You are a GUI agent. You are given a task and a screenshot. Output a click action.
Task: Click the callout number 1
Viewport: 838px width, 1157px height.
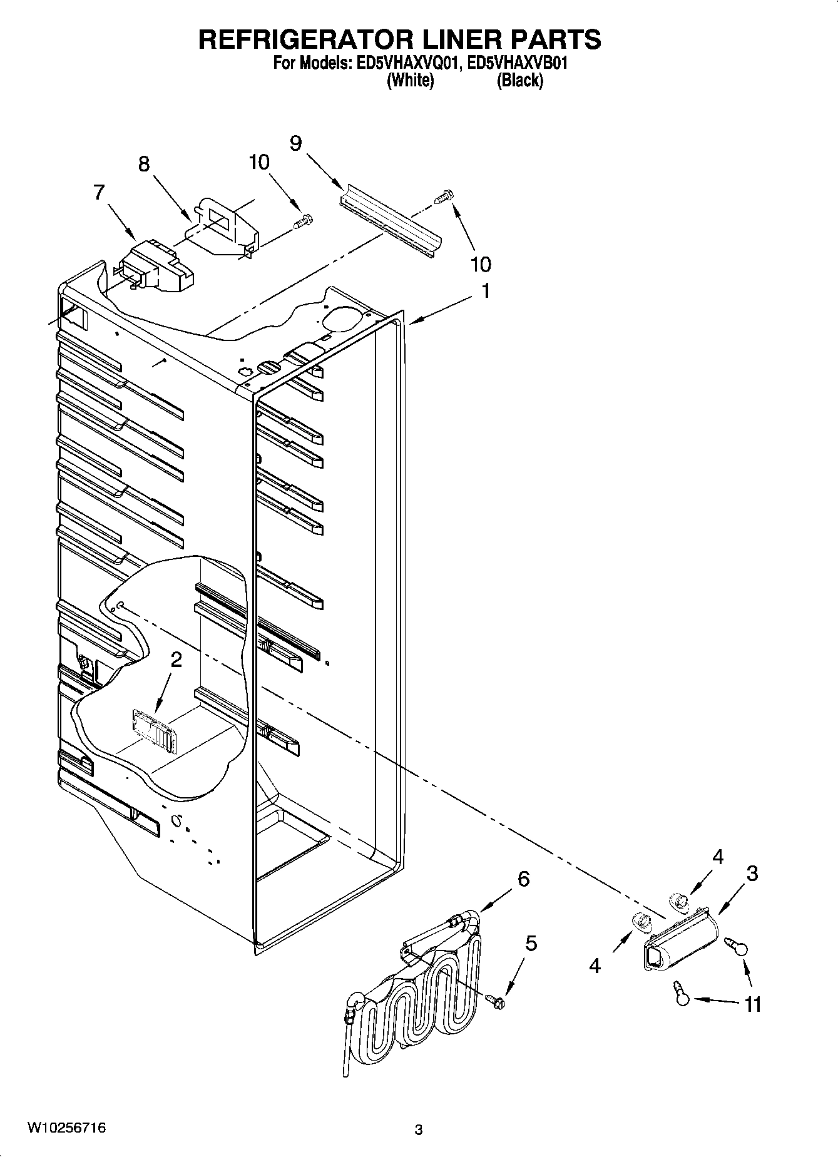(485, 292)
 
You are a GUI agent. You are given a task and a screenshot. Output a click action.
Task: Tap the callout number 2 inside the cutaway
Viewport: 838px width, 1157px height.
(176, 659)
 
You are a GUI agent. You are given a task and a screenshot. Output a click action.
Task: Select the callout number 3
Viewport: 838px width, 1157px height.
(752, 874)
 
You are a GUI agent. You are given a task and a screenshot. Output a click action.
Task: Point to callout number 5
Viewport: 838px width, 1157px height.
(531, 942)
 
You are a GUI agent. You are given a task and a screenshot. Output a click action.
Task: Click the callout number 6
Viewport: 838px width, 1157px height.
(523, 879)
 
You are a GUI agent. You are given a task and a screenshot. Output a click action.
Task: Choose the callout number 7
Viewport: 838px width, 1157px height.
(99, 193)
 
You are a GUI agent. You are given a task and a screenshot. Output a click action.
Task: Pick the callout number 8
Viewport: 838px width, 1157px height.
(144, 165)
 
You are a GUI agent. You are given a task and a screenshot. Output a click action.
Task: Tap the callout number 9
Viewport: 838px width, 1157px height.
(295, 143)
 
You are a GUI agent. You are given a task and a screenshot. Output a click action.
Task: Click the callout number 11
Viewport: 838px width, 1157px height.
(752, 1004)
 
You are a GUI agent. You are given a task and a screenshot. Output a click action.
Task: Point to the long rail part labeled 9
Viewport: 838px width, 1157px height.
(391, 219)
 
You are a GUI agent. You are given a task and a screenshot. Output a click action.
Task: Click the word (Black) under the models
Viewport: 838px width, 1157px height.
(519, 80)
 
